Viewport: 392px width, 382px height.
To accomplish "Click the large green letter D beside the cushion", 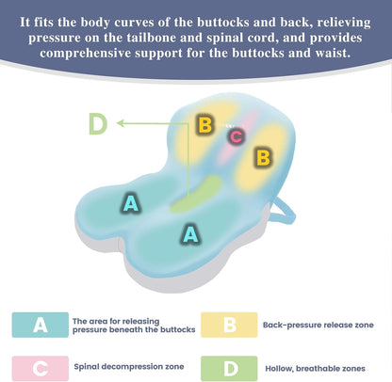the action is [x=98, y=123].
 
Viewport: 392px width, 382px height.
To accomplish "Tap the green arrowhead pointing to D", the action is [x=120, y=123].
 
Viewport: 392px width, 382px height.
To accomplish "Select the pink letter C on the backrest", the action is [x=237, y=136].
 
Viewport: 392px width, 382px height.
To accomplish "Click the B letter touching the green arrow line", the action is [x=205, y=124].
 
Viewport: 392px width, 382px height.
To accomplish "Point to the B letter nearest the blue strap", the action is [x=263, y=157].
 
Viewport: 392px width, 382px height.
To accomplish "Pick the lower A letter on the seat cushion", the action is [x=190, y=233].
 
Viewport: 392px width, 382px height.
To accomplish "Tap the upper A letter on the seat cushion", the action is [x=131, y=203].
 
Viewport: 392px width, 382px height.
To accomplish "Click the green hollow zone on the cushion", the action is [x=196, y=195].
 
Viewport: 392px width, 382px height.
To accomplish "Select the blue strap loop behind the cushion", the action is [x=284, y=214].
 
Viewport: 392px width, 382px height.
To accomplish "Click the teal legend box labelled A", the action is [x=41, y=325].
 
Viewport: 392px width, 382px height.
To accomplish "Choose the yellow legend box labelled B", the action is [x=229, y=325].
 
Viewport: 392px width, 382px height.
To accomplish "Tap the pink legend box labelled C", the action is [x=41, y=368].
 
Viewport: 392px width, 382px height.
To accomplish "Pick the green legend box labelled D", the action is [x=229, y=368].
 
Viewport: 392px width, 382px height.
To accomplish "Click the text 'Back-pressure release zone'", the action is [x=318, y=325].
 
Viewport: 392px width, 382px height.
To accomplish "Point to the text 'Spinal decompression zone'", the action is [x=129, y=367].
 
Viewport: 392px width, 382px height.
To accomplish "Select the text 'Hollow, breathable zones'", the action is [x=315, y=369].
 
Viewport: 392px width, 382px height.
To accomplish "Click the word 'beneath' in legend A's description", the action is [x=125, y=330].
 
